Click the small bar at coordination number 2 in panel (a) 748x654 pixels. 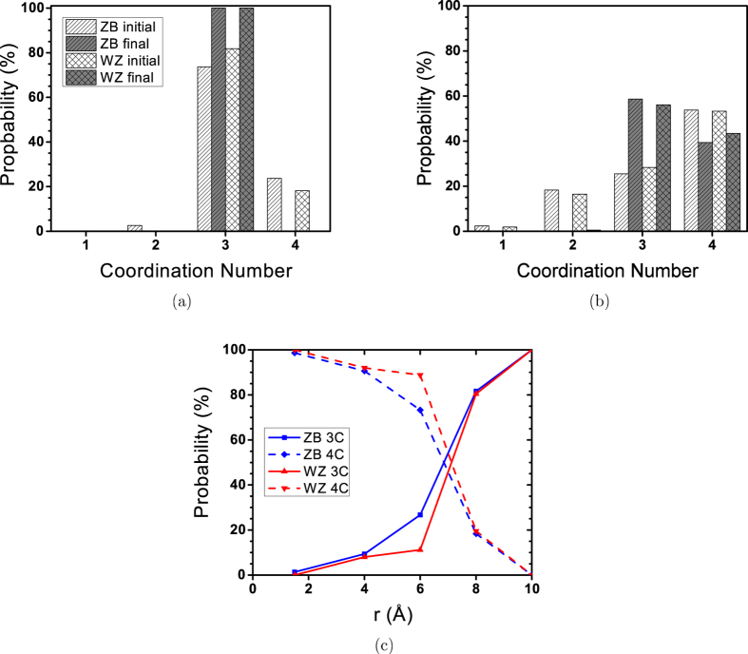134,228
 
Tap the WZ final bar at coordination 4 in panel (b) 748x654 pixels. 733,182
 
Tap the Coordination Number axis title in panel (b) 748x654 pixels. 608,271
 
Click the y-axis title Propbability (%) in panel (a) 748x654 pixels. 13,119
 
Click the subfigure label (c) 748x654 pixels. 391,645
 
